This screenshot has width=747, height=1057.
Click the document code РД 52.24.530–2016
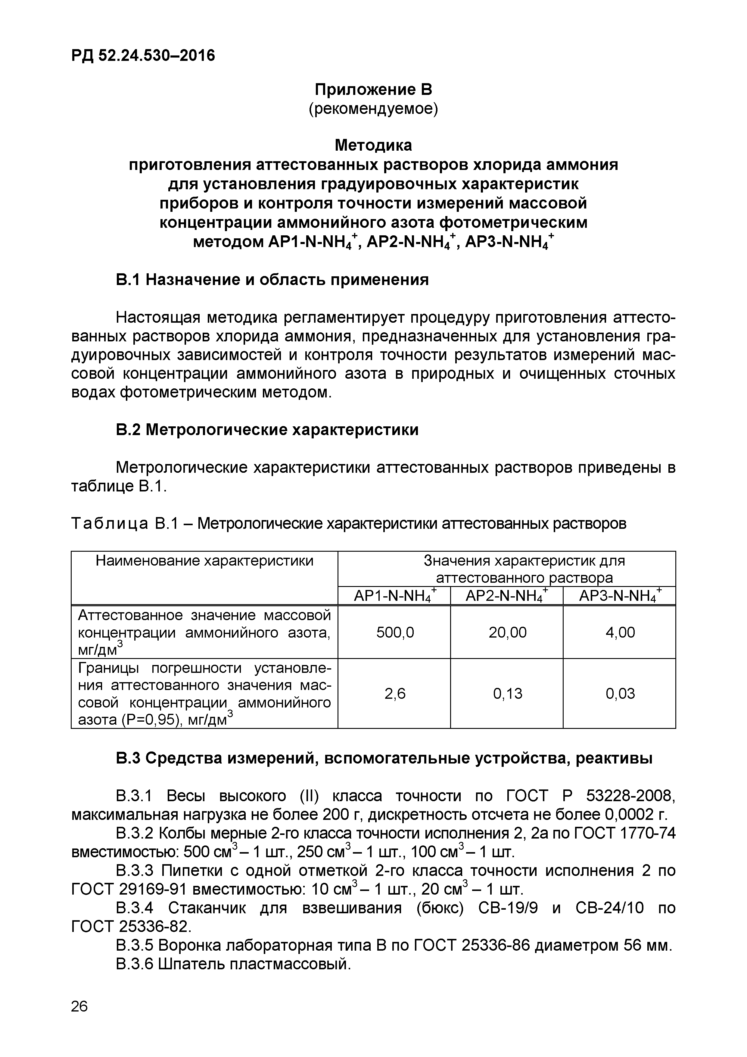143,56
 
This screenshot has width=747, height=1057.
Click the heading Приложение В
373,89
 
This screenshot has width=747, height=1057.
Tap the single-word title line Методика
373,146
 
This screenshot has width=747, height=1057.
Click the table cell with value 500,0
395,632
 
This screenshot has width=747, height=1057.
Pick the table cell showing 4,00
620,632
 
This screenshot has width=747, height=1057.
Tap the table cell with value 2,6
395,693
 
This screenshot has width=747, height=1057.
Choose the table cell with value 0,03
620,693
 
